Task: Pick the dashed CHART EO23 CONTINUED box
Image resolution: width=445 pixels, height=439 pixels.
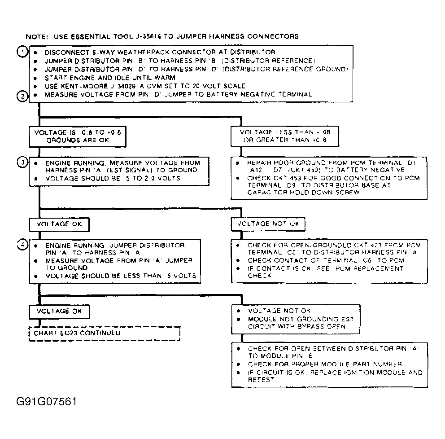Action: coord(105,334)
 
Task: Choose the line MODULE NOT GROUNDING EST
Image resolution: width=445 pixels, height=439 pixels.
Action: coord(301,319)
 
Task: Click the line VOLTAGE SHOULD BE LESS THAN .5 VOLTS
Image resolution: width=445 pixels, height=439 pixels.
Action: coord(121,276)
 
